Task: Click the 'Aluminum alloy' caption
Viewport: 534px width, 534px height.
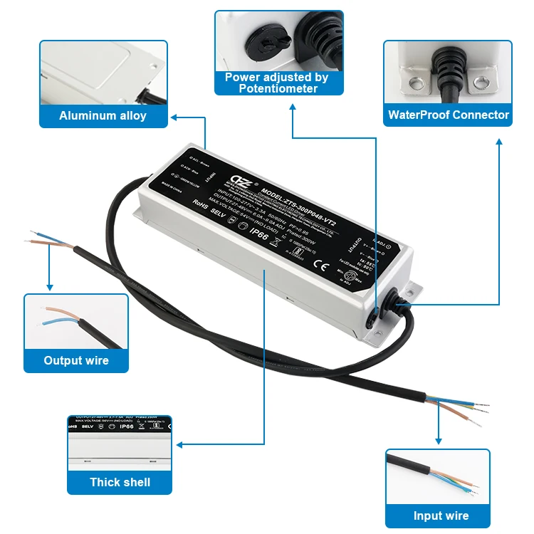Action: pyautogui.click(x=103, y=115)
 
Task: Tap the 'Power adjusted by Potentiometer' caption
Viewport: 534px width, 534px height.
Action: pyautogui.click(x=278, y=83)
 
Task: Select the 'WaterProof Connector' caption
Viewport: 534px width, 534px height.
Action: pyautogui.click(x=448, y=115)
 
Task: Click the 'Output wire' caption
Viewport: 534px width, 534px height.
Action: pyautogui.click(x=76, y=360)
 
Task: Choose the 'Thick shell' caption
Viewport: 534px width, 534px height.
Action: pyautogui.click(x=120, y=482)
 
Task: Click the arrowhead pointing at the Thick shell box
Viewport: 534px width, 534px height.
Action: pyautogui.click(x=179, y=444)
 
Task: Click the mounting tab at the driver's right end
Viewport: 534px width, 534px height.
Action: pyautogui.click(x=412, y=291)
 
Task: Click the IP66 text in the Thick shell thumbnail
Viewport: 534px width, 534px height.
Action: pyautogui.click(x=126, y=426)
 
